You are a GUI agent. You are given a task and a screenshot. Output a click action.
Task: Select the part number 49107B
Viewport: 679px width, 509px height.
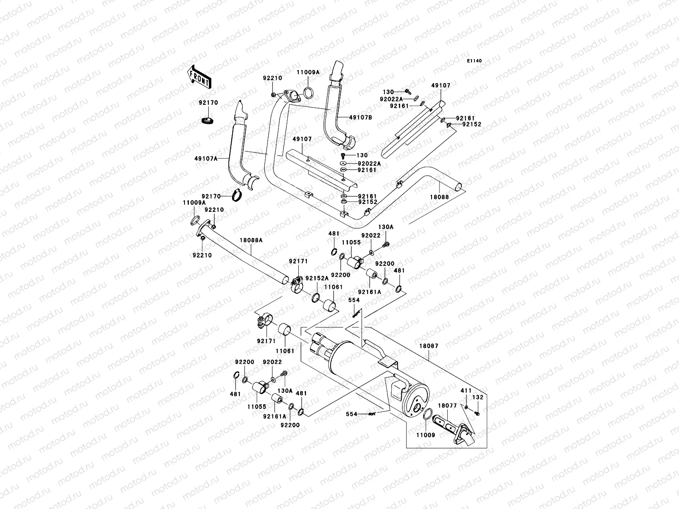[361, 117]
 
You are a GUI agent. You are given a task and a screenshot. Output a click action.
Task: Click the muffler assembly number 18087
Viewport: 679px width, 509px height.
[429, 346]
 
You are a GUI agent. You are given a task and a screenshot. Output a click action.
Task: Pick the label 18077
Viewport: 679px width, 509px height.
[447, 406]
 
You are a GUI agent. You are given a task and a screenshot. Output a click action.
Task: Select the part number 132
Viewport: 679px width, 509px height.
[478, 397]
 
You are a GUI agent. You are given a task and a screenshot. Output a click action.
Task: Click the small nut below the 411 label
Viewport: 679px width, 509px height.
[466, 407]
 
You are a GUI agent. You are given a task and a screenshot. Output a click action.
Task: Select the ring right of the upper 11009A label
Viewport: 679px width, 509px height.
[310, 92]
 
